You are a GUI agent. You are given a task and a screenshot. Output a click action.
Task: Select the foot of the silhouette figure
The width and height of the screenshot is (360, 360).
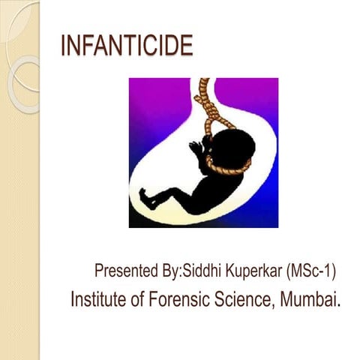pyautogui.click(x=147, y=201)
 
